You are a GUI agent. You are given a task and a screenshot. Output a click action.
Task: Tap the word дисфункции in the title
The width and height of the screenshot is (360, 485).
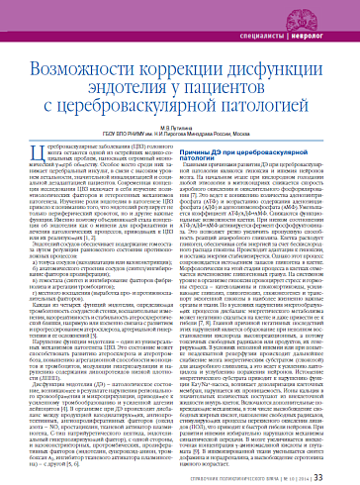[x=275, y=46]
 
